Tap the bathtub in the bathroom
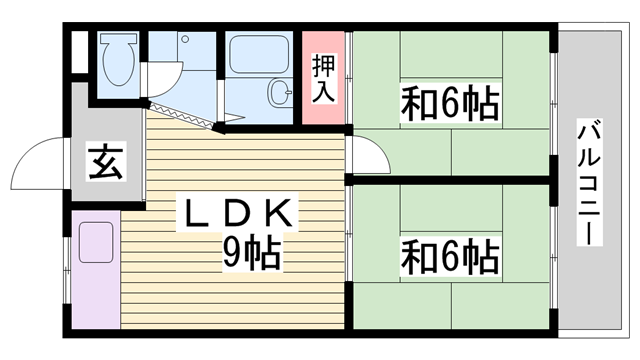(259, 54)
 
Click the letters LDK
(237, 214)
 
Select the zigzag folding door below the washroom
(185, 112)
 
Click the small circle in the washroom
(184, 40)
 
